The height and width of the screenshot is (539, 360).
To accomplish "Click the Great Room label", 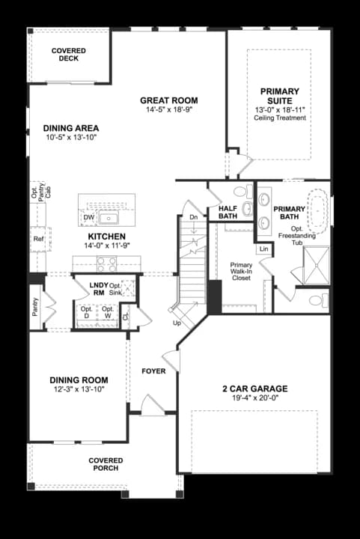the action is [x=169, y=100].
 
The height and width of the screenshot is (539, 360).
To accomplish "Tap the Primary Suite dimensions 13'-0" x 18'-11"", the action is [x=280, y=110].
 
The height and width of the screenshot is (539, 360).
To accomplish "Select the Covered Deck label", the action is [x=69, y=55].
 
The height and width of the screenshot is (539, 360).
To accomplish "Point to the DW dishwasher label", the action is [x=89, y=217].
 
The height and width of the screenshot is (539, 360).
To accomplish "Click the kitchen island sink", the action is [x=109, y=218].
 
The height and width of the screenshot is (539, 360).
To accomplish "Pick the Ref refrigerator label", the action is [x=38, y=239].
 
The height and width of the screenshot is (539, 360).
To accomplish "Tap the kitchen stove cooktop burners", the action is [x=106, y=264].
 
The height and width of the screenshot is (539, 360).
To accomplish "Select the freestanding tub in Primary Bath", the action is [x=317, y=210].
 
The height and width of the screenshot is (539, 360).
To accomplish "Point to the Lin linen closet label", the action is [x=263, y=249].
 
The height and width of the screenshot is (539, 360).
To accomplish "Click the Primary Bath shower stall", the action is [x=317, y=265].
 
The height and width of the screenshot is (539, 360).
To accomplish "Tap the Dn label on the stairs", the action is [x=194, y=217].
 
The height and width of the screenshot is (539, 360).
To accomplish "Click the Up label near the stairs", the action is [x=177, y=323].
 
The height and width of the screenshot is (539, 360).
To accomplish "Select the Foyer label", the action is [x=153, y=371].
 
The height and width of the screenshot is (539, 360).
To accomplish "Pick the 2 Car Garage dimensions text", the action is [x=255, y=398].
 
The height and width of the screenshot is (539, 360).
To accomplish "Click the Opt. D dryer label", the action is [x=87, y=312].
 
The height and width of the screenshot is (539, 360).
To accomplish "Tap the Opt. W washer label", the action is [x=108, y=312].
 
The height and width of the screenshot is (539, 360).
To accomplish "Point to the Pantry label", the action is [x=35, y=307].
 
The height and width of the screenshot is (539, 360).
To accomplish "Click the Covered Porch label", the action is [x=106, y=464].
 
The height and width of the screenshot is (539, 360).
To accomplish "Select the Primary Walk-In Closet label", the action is [x=241, y=271].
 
